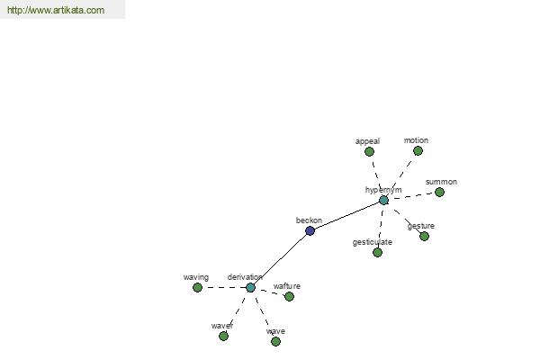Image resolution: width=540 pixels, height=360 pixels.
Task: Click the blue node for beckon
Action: tap(310, 230)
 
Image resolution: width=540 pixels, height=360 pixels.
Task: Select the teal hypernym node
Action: tap(383, 200)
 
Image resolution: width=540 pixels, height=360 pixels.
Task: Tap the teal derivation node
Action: tap(251, 287)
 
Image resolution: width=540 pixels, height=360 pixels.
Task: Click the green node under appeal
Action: tap(369, 151)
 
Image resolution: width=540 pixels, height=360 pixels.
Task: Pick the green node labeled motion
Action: tap(418, 151)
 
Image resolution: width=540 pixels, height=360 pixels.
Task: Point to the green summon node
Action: tap(439, 193)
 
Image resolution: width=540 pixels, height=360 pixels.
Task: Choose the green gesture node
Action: tap(424, 237)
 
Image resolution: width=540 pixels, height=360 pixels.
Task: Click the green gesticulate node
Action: tap(377, 253)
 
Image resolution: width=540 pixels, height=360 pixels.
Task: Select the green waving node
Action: tap(197, 287)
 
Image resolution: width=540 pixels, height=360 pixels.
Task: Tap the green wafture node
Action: tap(289, 296)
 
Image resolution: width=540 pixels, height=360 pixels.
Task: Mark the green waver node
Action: tap(223, 336)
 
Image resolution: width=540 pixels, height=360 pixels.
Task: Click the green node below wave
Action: tap(275, 341)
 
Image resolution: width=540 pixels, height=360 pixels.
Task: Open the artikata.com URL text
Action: tap(56, 10)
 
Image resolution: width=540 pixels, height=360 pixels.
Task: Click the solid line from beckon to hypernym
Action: tap(346, 216)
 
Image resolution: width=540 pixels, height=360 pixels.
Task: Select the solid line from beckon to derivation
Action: tap(280, 259)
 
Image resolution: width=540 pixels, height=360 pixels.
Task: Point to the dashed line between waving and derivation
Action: tap(224, 287)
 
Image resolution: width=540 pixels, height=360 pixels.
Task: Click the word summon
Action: tap(441, 182)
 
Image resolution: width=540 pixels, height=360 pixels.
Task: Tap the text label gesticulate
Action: tap(373, 242)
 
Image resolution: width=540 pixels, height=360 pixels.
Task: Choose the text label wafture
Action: tap(287, 286)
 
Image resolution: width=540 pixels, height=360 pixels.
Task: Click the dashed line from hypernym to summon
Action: tap(411, 196)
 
